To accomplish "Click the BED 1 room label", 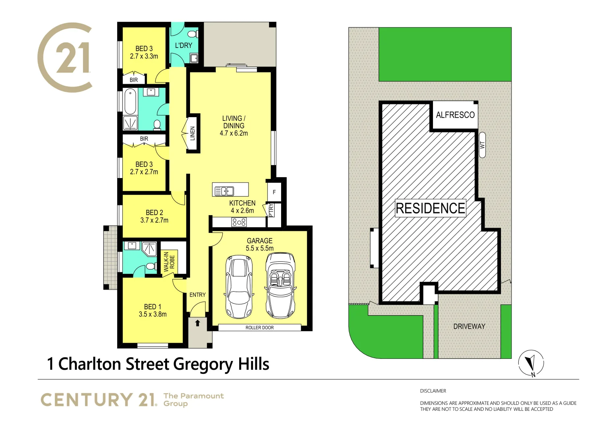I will (x=152, y=311).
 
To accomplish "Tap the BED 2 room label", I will (x=154, y=216).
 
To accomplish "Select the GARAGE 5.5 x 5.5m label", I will (x=260, y=244).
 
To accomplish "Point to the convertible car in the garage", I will (x=280, y=286).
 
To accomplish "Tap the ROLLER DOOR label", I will (x=259, y=327).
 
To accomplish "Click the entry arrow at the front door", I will (x=197, y=323).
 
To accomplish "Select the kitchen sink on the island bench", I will (x=224, y=191).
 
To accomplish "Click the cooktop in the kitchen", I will (x=239, y=222).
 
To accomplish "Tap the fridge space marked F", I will (x=274, y=192).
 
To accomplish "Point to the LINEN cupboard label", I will (x=193, y=133).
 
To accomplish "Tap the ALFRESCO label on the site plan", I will (x=455, y=115).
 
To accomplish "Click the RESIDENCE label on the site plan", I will (x=430, y=208).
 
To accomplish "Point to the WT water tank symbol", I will (x=482, y=145).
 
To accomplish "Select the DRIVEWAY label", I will (x=469, y=326).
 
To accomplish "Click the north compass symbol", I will (x=531, y=363).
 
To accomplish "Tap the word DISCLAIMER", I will (x=433, y=391).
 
